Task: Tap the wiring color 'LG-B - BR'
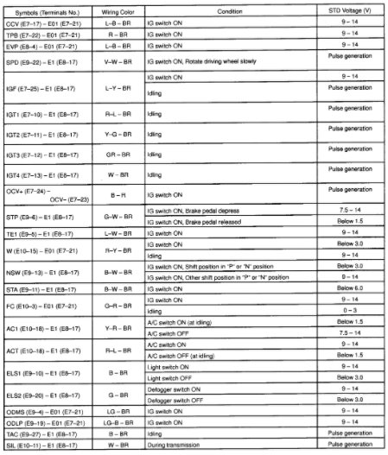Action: pyautogui.click(x=118, y=424)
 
